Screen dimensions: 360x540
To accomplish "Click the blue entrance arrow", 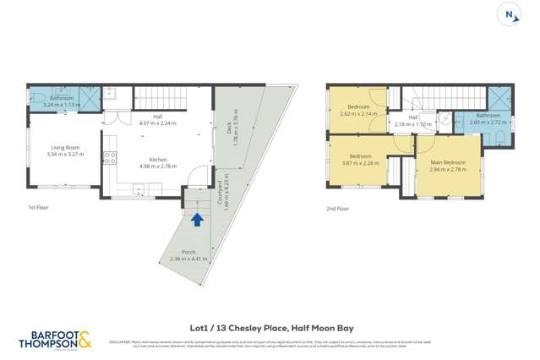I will coord(197,220).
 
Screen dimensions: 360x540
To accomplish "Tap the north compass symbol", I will coord(509,14).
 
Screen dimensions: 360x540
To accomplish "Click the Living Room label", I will coord(65,151).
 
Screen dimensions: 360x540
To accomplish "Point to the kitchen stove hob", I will coord(109,157).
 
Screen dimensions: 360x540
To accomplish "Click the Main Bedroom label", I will coord(446,165).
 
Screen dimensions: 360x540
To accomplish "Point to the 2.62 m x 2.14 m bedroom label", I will coord(356,111).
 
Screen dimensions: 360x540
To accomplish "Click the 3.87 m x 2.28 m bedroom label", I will coord(361,160).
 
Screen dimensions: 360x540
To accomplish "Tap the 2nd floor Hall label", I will coord(413,121).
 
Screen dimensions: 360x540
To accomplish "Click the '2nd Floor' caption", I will coord(337,207).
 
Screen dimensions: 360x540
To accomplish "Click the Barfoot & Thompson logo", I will coord(55,340).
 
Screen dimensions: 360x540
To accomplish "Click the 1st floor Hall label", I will coord(156,119).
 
